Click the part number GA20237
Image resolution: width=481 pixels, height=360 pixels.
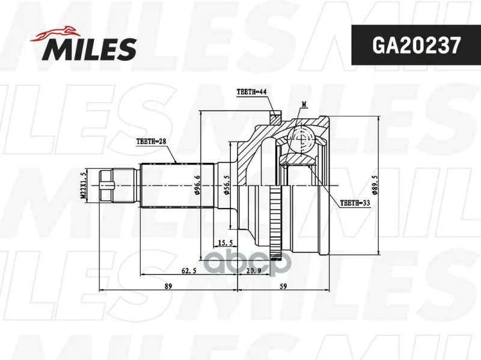click(x=416, y=45)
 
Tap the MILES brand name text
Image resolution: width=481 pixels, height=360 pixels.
click(x=89, y=49)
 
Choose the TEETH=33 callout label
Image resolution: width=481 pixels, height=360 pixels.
click(x=355, y=203)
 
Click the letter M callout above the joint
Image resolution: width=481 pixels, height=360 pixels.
click(x=304, y=105)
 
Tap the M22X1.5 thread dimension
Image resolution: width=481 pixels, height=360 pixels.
click(x=83, y=186)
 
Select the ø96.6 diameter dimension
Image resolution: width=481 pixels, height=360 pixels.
click(x=197, y=185)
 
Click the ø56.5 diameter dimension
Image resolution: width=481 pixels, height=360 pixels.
click(x=227, y=185)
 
